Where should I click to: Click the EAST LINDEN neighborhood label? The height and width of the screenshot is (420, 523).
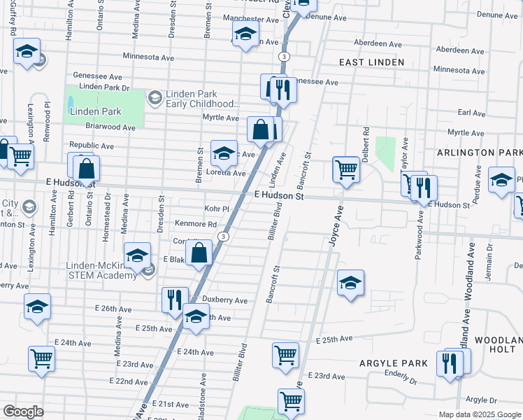pos(371,62)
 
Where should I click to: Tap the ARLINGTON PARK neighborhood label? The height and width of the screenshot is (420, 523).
pos(479,153)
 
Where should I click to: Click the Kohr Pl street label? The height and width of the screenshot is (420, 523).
pos(217,209)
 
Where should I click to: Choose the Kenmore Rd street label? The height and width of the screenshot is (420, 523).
pos(196,224)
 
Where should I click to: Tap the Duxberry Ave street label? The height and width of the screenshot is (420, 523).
pos(225,300)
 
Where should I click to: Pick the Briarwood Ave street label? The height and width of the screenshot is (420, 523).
pos(110,127)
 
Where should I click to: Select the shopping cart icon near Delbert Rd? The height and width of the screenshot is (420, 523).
pos(346,169)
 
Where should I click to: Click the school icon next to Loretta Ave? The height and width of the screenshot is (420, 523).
pos(224,153)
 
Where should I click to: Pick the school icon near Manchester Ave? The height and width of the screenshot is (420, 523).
pos(245,34)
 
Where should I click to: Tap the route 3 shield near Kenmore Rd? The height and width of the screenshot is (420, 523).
pos(222,237)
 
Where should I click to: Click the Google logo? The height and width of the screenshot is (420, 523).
pos(23,412)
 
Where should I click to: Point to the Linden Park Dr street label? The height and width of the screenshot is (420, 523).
pos(105,87)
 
